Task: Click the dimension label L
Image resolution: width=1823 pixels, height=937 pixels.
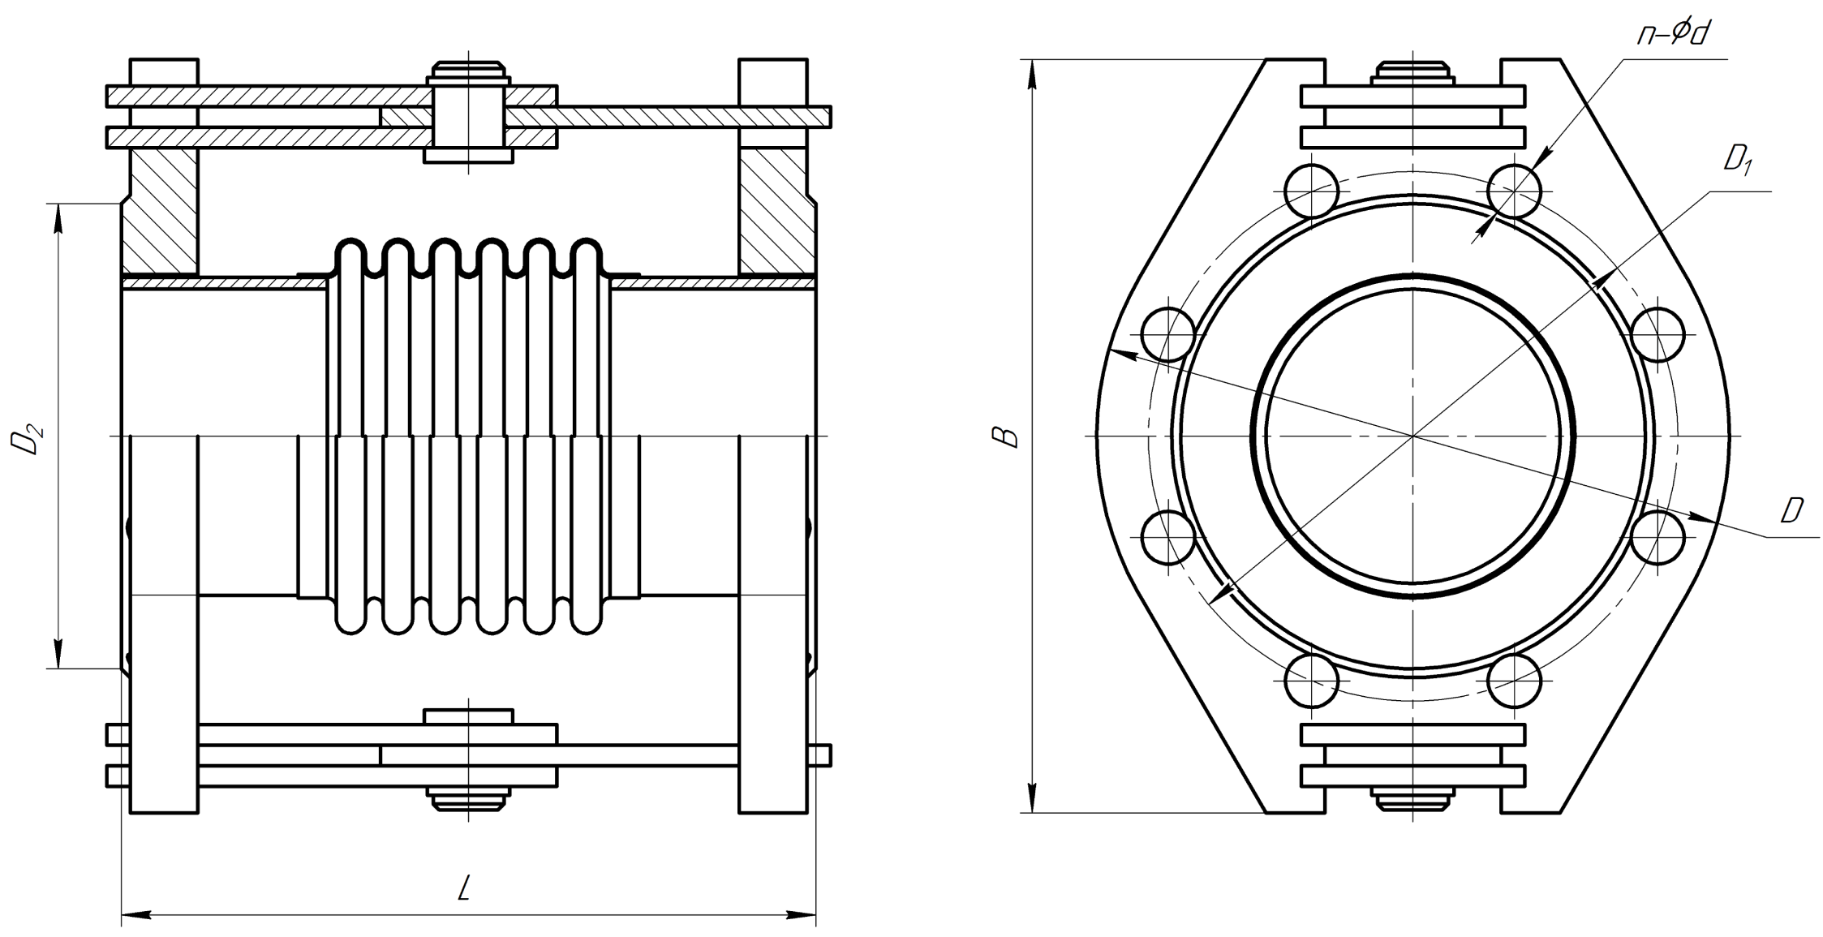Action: tap(464, 888)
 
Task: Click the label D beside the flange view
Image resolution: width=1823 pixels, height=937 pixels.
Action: tap(1791, 510)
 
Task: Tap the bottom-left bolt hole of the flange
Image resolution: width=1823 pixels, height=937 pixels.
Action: tap(1311, 680)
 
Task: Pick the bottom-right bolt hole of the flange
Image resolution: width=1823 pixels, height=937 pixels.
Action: tap(1515, 680)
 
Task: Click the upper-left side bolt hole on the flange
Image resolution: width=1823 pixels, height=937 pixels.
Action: tap(1168, 334)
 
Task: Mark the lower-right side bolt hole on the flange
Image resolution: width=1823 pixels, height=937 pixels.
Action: tap(1657, 538)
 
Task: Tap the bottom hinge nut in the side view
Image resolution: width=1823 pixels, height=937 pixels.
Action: tap(469, 798)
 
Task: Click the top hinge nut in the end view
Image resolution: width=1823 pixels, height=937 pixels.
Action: tap(1412, 73)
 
